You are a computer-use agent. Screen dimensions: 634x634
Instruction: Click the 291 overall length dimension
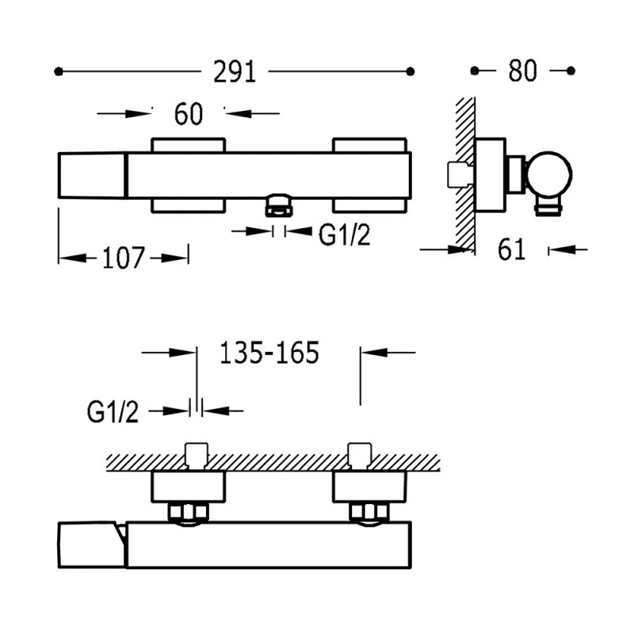pyautogui.click(x=235, y=72)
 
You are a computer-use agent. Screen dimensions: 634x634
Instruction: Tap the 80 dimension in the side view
pyautogui.click(x=522, y=71)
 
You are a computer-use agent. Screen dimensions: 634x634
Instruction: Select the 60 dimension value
pyautogui.click(x=189, y=114)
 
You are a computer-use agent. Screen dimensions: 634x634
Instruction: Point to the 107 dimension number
pyautogui.click(x=123, y=258)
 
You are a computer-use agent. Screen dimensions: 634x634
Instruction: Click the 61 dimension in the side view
pyautogui.click(x=511, y=249)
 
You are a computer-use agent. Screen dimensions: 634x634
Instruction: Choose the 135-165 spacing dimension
pyautogui.click(x=269, y=353)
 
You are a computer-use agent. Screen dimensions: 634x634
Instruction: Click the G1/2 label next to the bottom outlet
pyautogui.click(x=344, y=235)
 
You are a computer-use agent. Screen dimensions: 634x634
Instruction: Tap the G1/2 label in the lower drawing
pyautogui.click(x=113, y=412)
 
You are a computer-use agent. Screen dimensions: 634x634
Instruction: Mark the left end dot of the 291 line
pyautogui.click(x=58, y=71)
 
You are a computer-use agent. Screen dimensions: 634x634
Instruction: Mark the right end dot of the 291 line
pyautogui.click(x=411, y=71)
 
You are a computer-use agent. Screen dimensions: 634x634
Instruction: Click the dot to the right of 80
pyautogui.click(x=571, y=71)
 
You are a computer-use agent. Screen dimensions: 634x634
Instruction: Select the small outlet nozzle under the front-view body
pyautogui.click(x=278, y=204)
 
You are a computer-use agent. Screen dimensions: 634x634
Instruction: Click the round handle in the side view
pyautogui.click(x=549, y=174)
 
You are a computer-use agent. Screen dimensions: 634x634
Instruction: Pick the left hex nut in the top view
pyautogui.click(x=189, y=512)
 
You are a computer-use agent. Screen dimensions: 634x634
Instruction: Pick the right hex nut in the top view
pyautogui.click(x=369, y=512)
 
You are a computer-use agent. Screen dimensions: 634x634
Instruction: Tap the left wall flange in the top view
pyautogui.click(x=189, y=487)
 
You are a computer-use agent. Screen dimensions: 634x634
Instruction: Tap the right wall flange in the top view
pyautogui.click(x=369, y=487)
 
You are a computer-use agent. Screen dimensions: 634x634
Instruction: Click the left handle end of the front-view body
pyautogui.click(x=92, y=175)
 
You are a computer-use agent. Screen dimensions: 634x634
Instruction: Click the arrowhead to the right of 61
pyautogui.click(x=560, y=250)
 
